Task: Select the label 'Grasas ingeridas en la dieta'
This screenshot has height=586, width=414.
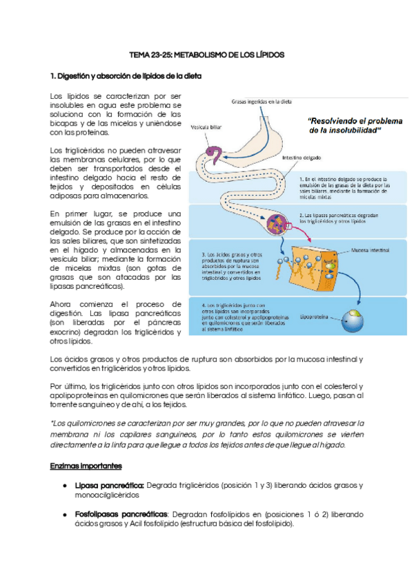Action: [260, 102]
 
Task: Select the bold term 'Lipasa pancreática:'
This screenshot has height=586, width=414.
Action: [109, 485]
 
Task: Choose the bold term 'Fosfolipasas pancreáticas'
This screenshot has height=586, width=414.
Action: [121, 514]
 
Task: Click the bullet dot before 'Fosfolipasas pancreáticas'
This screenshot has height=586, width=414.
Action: [64, 515]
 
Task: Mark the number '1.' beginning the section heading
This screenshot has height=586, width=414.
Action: [54, 75]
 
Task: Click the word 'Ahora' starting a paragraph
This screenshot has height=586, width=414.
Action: [62, 303]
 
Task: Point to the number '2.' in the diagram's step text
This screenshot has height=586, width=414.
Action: [302, 215]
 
